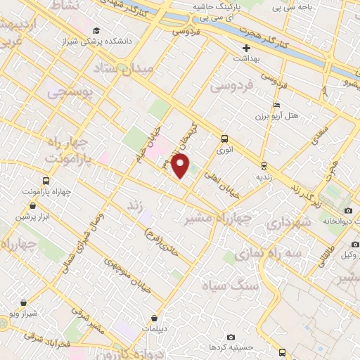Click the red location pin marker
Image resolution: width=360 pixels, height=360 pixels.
[x=181, y=166]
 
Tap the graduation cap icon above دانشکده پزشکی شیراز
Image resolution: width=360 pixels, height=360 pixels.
[x=96, y=30]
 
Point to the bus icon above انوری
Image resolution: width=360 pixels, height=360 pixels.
[x=224, y=139]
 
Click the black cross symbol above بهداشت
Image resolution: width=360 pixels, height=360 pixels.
[x=245, y=49]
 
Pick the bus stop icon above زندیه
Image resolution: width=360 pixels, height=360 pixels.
[x=264, y=166]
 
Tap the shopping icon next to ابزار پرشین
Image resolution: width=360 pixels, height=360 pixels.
[x=34, y=206]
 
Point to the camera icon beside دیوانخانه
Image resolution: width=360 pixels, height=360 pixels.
[x=348, y=211]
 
